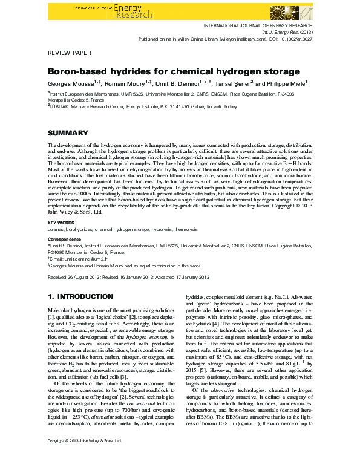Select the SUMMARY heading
68,133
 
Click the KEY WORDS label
61,223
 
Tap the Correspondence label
65,239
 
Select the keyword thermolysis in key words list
184,230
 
